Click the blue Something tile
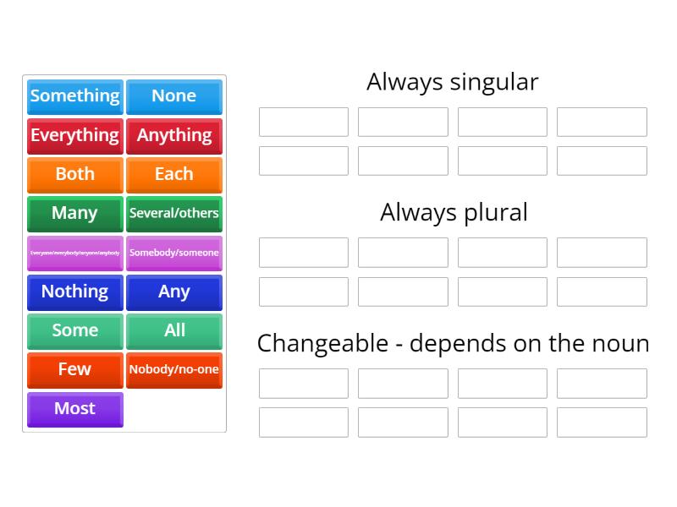click(x=75, y=96)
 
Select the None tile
click(x=173, y=96)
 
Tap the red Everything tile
click(x=75, y=135)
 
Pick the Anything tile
click(x=173, y=135)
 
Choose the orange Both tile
click(x=75, y=174)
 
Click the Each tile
click(x=173, y=174)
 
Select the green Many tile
click(x=75, y=213)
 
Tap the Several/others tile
click(x=173, y=213)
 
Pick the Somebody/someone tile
click(x=173, y=253)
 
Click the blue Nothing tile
click(x=75, y=292)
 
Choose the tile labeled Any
click(x=173, y=292)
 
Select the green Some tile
click(x=75, y=330)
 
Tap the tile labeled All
click(x=173, y=330)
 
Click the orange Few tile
click(x=75, y=369)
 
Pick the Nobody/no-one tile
click(x=173, y=369)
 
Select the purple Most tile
click(x=75, y=409)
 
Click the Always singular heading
click(x=452, y=82)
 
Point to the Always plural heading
click(x=454, y=212)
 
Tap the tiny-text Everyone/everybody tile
click(x=75, y=253)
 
